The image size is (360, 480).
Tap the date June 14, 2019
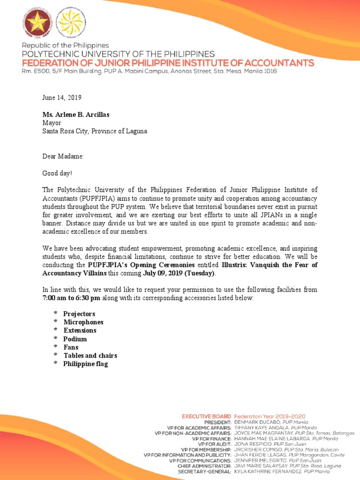62,97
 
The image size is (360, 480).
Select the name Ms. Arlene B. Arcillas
77,114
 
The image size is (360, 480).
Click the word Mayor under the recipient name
52,123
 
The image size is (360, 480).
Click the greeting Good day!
58,173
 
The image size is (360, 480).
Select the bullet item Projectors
79,314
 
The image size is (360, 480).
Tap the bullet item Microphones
83,322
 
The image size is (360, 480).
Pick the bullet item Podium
75,339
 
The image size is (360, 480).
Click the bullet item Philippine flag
85,364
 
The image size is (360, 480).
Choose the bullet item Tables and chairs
90,356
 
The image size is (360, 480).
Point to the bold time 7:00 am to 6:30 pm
71,298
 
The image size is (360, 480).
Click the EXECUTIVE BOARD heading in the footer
206,416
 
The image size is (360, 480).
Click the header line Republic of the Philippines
65,45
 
